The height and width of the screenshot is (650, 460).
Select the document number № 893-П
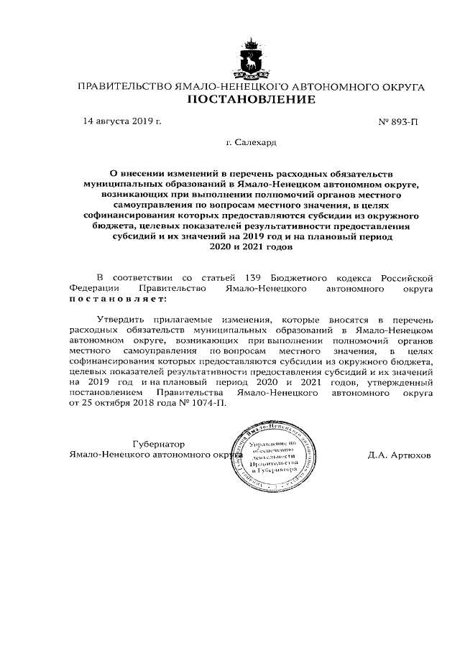397,121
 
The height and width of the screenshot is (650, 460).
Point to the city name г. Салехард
251,143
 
